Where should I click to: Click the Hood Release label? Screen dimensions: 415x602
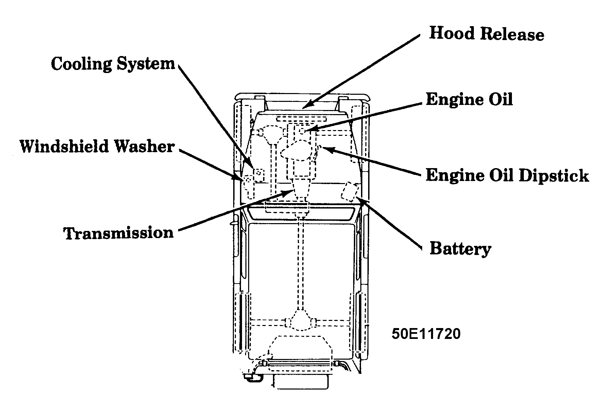(486, 34)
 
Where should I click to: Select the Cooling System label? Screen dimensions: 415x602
(113, 64)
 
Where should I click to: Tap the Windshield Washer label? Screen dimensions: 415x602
(97, 147)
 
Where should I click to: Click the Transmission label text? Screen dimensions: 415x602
(119, 233)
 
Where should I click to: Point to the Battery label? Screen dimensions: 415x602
(460, 249)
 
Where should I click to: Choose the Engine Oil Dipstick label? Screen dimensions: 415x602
(507, 176)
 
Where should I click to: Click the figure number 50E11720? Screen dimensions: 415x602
(426, 333)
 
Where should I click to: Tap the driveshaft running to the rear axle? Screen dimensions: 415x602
(300, 261)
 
